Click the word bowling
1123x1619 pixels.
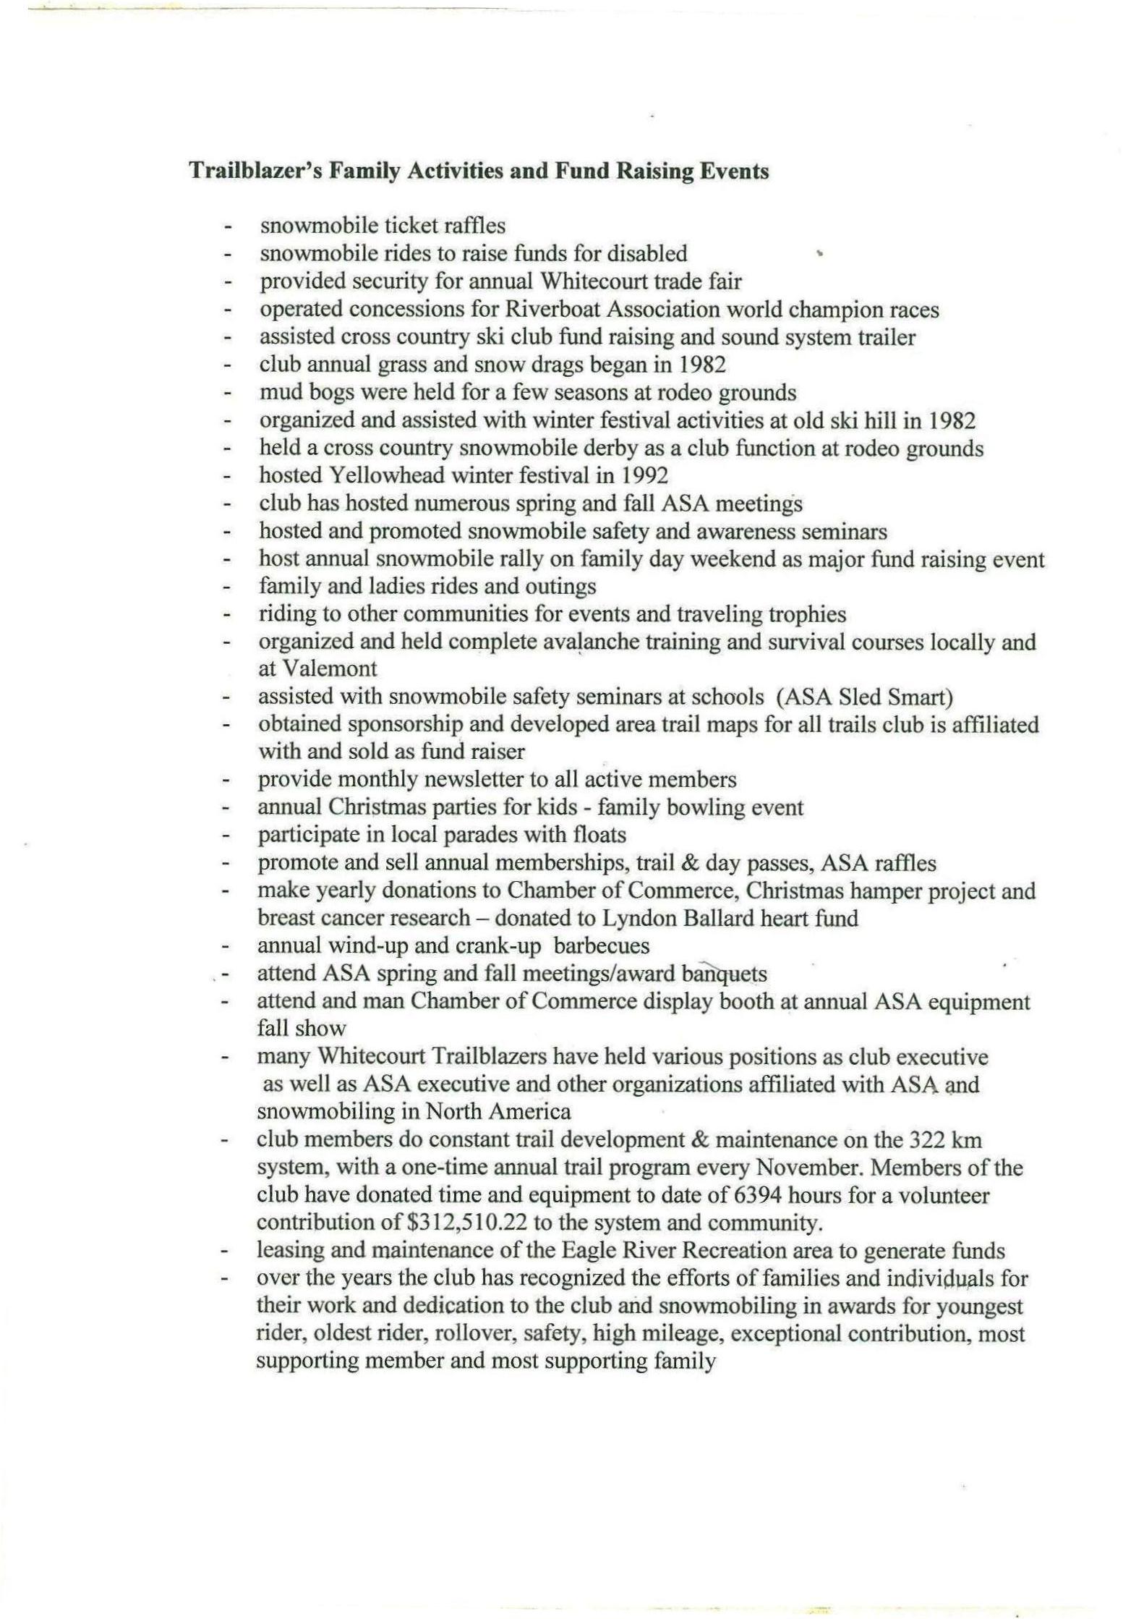click(706, 807)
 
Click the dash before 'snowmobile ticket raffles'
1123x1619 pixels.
click(229, 227)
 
